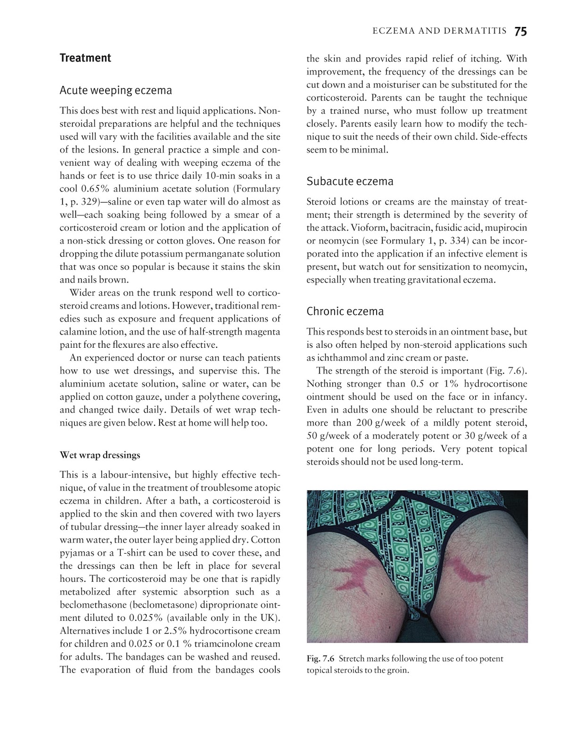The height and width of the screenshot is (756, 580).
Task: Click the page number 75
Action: pos(521,32)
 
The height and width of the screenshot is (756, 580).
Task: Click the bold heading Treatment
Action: pos(85,58)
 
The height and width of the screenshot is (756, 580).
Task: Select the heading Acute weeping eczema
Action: pos(116,90)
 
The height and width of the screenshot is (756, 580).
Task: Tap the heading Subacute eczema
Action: pos(350,181)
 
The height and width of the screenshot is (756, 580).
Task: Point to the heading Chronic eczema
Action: pos(345,311)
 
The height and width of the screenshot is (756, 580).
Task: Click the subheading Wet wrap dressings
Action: pos(100,455)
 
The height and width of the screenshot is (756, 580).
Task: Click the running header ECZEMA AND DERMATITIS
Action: pos(439,32)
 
